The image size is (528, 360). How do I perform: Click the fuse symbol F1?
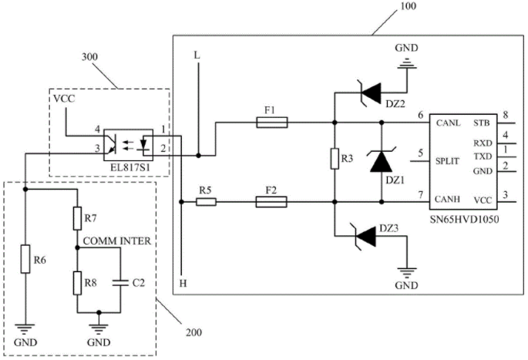(x=272, y=123)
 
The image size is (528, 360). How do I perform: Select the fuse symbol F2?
(x=271, y=202)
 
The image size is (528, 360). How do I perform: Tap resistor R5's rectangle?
(x=206, y=202)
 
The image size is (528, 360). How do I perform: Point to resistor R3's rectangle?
(x=335, y=158)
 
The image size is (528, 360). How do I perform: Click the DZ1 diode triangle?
(x=382, y=161)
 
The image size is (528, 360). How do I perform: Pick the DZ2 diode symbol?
(x=370, y=93)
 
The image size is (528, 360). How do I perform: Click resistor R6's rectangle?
(x=25, y=259)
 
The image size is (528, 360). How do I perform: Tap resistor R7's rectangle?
(x=77, y=219)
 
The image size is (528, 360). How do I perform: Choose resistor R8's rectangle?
(x=77, y=283)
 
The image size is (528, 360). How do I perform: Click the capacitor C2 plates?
(x=120, y=283)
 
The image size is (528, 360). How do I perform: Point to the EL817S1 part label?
(x=129, y=167)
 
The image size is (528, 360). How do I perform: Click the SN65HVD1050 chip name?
(x=465, y=219)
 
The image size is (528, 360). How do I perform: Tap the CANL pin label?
(x=448, y=123)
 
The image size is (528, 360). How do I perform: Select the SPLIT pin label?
(x=447, y=161)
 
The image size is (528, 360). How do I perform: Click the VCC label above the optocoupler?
(x=64, y=99)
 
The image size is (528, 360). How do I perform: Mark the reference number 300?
(x=90, y=57)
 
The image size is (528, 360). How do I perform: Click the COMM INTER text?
(x=117, y=241)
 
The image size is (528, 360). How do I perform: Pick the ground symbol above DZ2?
(x=406, y=63)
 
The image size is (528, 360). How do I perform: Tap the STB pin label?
(x=482, y=123)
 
